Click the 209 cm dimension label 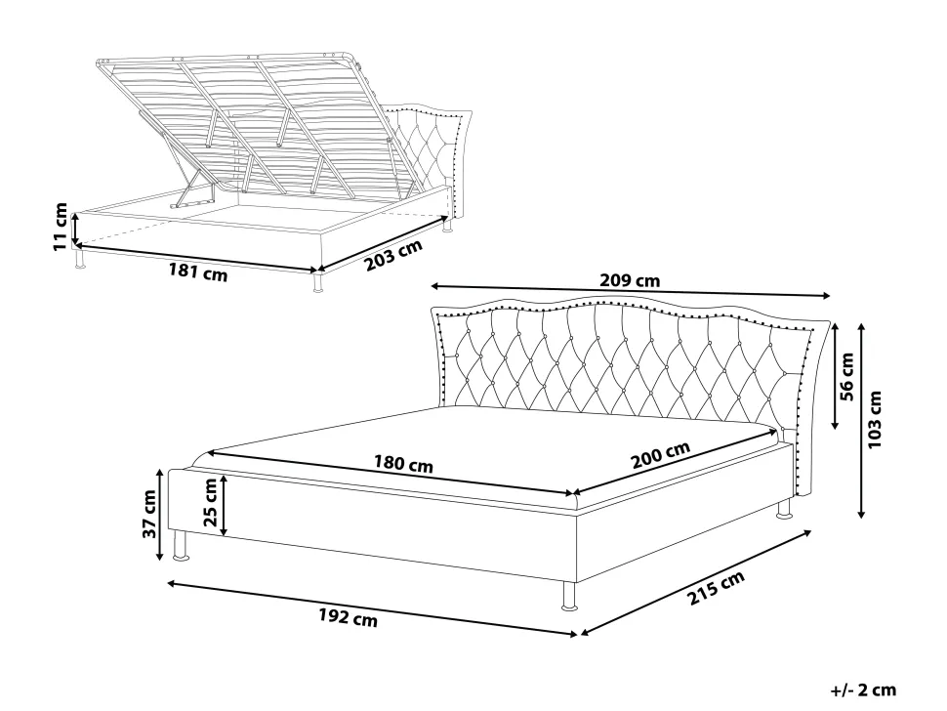[x=630, y=281]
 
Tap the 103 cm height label [x=874, y=419]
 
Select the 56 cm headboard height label [x=846, y=377]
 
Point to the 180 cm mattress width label [x=403, y=464]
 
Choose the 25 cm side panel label [x=210, y=503]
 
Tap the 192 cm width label [x=348, y=617]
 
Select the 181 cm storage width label [x=197, y=272]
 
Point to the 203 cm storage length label [x=393, y=256]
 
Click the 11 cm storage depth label [x=61, y=227]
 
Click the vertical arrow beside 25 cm [x=225, y=505]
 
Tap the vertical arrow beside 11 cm [x=75, y=228]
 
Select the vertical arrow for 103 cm [x=861, y=420]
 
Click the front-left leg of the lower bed [x=180, y=546]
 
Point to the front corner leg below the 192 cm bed [x=568, y=596]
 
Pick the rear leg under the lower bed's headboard [x=784, y=509]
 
